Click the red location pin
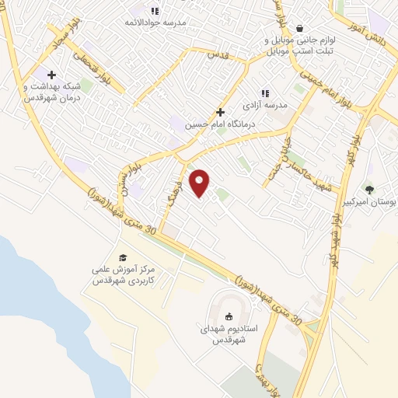(200, 183)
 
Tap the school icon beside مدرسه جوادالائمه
(154, 10)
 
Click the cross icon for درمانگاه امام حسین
(221, 112)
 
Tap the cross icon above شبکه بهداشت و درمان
(51, 75)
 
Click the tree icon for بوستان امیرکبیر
(369, 189)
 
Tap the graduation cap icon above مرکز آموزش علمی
(122, 257)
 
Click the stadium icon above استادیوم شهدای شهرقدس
(229, 316)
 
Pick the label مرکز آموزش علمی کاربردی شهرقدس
(124, 274)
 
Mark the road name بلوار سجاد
(60, 33)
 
